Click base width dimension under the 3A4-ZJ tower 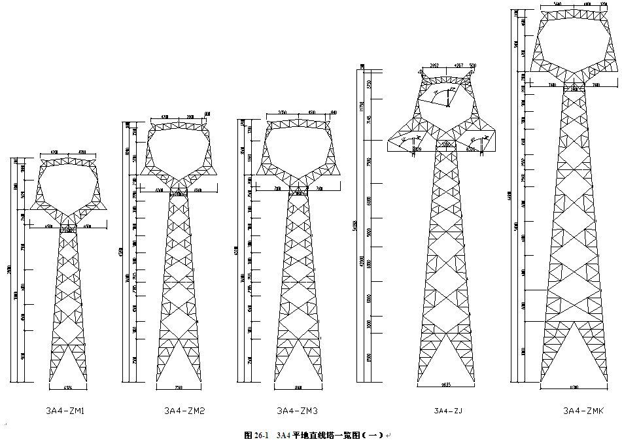click(x=447, y=385)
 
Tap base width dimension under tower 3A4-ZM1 click(x=67, y=387)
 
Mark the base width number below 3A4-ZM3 click(x=298, y=387)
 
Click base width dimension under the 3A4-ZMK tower click(x=574, y=387)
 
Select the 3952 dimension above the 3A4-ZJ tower click(x=434, y=65)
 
